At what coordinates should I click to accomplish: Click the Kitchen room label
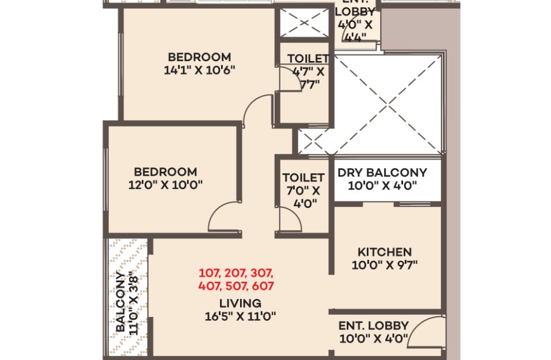click(x=385, y=252)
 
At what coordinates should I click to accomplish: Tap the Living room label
click(x=240, y=303)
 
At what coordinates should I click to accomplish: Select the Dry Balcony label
click(x=382, y=173)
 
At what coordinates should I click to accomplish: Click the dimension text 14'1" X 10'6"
click(x=199, y=70)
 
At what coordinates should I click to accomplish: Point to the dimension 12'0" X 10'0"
click(x=165, y=184)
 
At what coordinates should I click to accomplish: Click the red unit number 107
click(x=210, y=273)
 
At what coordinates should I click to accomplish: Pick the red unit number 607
click(x=263, y=286)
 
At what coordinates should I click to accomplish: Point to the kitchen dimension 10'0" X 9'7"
click(x=385, y=265)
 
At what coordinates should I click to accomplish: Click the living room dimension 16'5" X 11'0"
click(x=240, y=316)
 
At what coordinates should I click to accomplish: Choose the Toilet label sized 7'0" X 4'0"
click(x=303, y=177)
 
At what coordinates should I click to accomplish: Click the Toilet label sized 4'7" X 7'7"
click(x=308, y=58)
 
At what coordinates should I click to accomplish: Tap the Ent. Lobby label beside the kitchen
click(x=374, y=325)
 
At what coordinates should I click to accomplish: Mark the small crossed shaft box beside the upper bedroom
click(x=304, y=23)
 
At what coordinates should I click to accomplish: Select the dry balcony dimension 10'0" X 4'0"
click(x=382, y=185)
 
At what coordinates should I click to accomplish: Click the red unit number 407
click(x=210, y=286)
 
